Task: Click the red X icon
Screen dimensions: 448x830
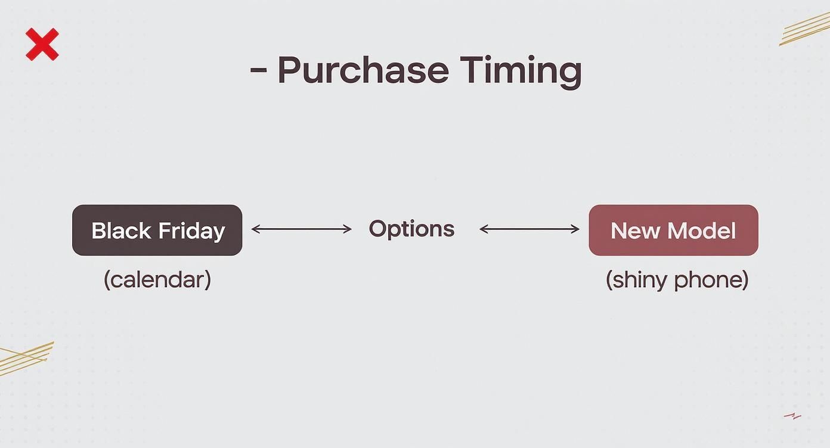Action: (x=42, y=45)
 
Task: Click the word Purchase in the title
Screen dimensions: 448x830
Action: (x=363, y=70)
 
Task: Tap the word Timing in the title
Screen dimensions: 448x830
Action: (x=521, y=71)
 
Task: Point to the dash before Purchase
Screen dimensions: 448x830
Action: (x=258, y=70)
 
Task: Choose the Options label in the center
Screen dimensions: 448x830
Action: (x=411, y=229)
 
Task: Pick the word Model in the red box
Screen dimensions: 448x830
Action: (x=701, y=231)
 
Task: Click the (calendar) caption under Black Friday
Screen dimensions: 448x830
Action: (x=157, y=279)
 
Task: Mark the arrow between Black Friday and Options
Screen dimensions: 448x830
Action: (x=302, y=229)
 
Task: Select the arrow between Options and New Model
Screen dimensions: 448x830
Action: (x=529, y=229)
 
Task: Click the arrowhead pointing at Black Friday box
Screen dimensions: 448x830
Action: (x=255, y=229)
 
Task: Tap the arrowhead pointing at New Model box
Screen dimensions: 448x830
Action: (x=575, y=229)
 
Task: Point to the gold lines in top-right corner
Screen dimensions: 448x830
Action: (x=805, y=29)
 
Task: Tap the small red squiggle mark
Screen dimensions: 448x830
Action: (x=792, y=416)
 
